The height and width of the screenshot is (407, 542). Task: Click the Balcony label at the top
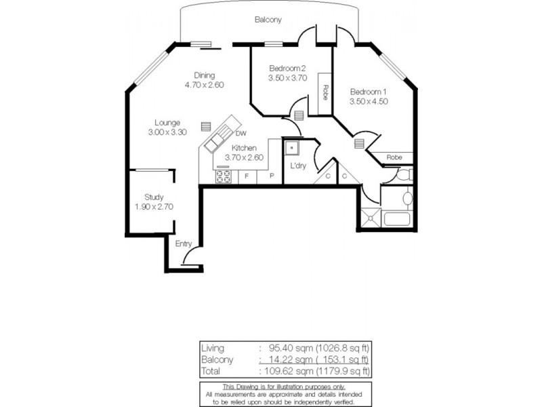268,20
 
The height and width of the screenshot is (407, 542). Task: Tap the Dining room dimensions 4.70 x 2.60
204,85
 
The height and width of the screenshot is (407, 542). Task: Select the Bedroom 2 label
288,68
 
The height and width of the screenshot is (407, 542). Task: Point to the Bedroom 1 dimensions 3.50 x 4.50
369,102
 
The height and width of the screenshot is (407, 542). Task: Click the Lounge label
166,123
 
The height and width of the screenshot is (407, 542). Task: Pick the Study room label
154,197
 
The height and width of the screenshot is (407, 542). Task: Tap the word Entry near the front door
184,244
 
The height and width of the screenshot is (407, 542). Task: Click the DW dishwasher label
241,134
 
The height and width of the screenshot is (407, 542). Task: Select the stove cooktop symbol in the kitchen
224,176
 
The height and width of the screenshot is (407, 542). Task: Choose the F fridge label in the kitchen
247,176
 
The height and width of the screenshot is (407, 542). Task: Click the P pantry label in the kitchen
271,176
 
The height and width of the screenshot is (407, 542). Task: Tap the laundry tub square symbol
292,146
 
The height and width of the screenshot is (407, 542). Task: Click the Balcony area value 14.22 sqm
285,360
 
